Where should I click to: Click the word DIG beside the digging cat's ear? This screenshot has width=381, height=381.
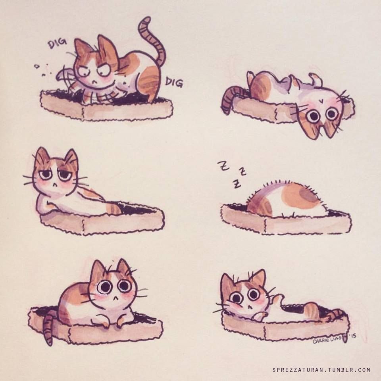point(57,43)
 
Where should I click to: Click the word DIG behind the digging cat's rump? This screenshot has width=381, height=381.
point(174,83)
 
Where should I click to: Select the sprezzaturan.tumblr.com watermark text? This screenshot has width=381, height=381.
point(321,370)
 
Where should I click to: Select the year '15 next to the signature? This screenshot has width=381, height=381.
point(353,336)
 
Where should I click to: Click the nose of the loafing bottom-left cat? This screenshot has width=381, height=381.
point(115,298)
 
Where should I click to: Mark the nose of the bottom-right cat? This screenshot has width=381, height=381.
point(250,307)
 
